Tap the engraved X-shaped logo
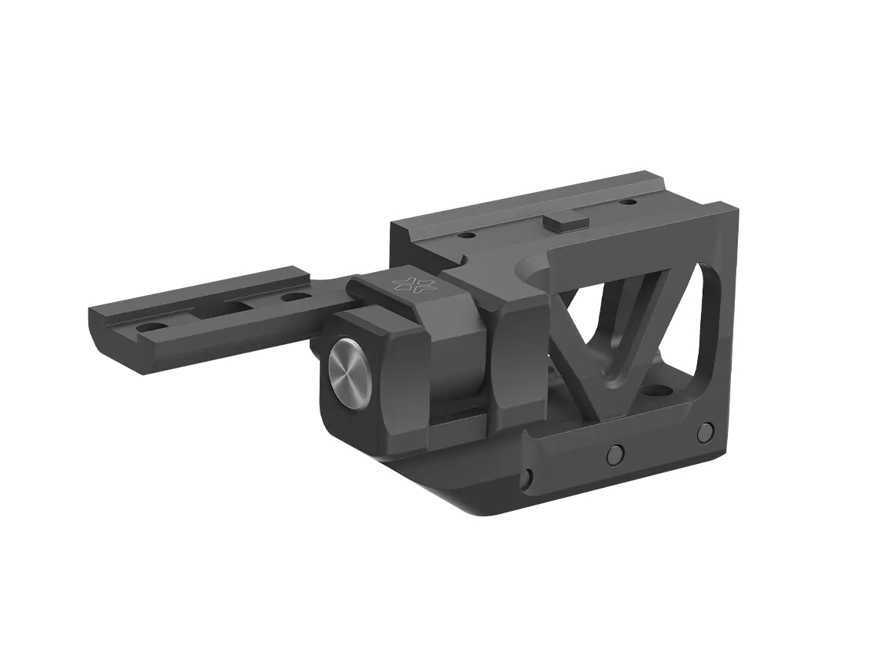[414, 284]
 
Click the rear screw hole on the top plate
[629, 202]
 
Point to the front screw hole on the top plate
[466, 237]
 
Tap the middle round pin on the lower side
[614, 455]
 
